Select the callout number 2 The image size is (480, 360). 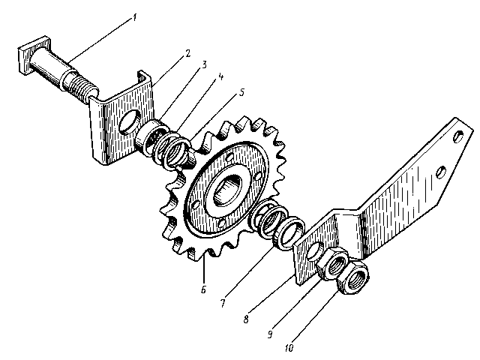[187, 53]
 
